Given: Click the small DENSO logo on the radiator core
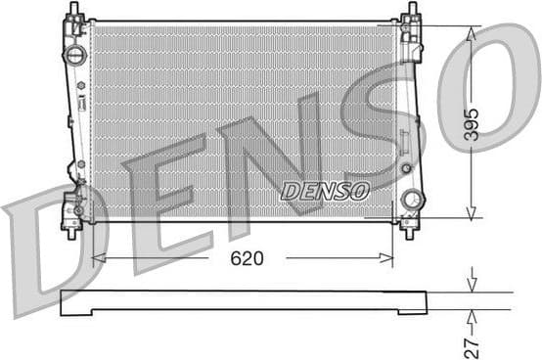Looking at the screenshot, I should (x=325, y=191).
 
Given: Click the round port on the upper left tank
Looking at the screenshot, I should (x=72, y=56).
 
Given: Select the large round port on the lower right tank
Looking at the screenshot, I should (x=412, y=200).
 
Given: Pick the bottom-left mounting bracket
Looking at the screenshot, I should (x=71, y=210).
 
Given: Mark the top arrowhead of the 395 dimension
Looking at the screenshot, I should (x=472, y=32).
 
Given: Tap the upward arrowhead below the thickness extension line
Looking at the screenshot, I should (x=472, y=315).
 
